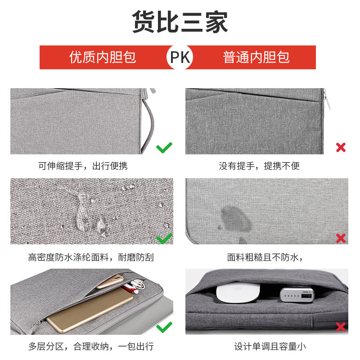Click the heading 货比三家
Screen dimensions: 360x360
180,22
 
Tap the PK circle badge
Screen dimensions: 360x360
180,57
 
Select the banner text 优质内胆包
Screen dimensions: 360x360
103,57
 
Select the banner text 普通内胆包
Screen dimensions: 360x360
256,57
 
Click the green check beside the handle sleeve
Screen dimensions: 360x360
164,148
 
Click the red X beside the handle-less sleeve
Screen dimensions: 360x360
341,148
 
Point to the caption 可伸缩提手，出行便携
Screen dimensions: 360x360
83,166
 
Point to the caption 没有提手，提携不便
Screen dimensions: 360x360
259,166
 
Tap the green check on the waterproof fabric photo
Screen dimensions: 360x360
164,238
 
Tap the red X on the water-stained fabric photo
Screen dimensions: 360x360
341,238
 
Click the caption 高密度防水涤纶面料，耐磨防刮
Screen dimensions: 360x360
91,257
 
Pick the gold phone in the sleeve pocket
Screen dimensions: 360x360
110,281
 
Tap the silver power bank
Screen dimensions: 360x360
297,295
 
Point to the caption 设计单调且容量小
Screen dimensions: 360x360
270,346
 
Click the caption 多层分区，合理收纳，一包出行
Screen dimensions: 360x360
91,346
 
